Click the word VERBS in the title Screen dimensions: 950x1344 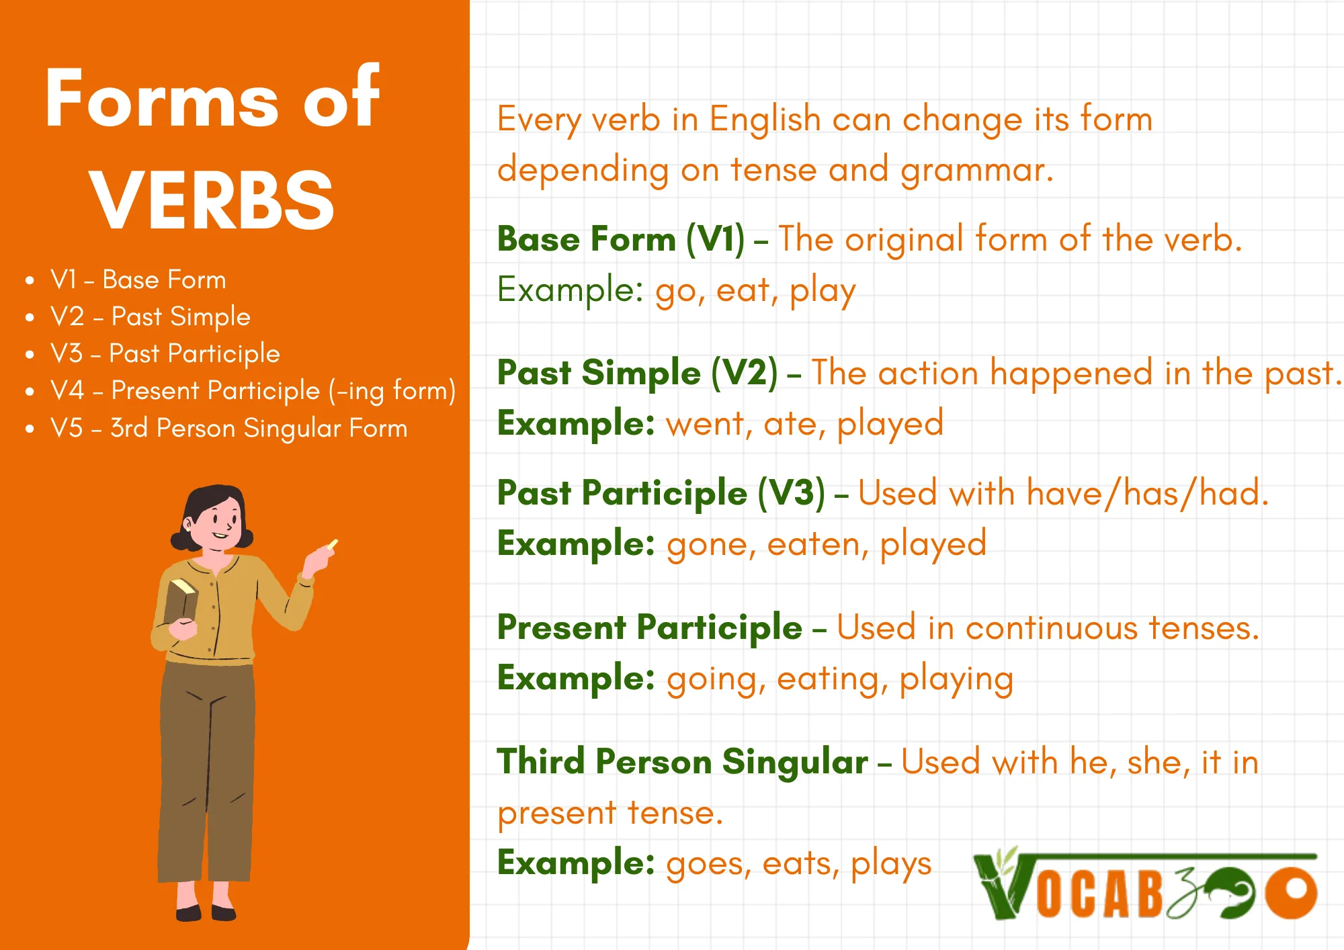[x=212, y=200]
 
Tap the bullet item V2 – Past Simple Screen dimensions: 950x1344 [x=151, y=316]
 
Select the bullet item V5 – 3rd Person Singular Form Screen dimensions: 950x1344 [x=228, y=428]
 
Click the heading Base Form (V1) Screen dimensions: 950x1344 [x=621, y=240]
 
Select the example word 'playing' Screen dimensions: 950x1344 [x=956, y=680]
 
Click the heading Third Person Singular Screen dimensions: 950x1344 [x=682, y=763]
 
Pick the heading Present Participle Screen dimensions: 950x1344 [x=650, y=628]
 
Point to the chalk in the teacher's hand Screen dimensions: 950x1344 [x=333, y=544]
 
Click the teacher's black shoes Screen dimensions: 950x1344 [x=206, y=912]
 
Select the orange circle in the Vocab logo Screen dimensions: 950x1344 [x=1291, y=892]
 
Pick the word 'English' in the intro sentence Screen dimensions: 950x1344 [x=765, y=120]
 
